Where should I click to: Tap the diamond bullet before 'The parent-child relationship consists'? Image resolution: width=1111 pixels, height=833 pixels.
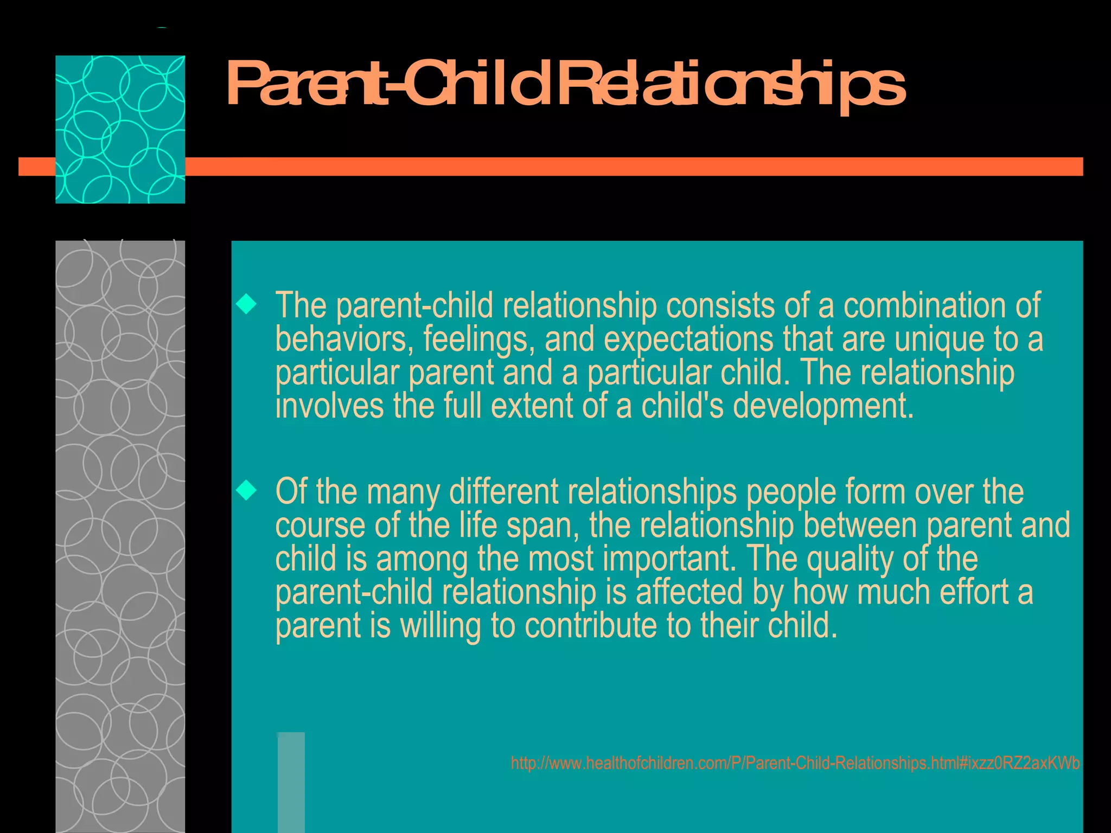pyautogui.click(x=247, y=304)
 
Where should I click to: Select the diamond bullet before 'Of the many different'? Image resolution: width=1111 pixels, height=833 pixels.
pyautogui.click(x=247, y=491)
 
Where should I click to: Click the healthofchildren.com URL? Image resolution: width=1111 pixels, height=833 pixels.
pyautogui.click(x=795, y=763)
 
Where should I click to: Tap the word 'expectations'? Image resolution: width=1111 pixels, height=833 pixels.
pyautogui.click(x=688, y=340)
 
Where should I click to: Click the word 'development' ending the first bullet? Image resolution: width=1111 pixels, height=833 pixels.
pyautogui.click(x=822, y=407)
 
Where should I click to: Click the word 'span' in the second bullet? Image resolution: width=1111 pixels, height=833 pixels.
pyautogui.click(x=542, y=526)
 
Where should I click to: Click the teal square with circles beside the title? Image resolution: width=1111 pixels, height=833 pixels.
pyautogui.click(x=120, y=129)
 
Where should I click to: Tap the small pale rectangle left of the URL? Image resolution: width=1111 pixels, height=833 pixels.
pyautogui.click(x=291, y=781)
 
